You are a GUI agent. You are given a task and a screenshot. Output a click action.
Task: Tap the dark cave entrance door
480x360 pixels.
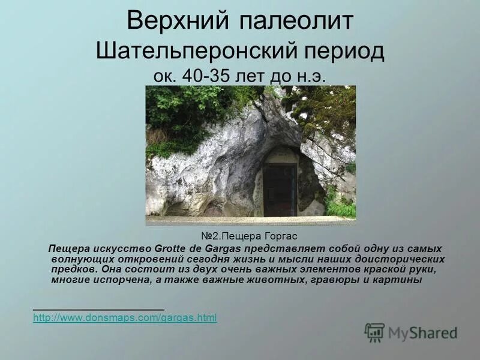coord(279,190)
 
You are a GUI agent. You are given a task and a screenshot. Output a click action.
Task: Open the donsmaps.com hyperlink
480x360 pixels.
coord(125,317)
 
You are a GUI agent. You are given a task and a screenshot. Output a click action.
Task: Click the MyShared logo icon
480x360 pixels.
coord(374,332)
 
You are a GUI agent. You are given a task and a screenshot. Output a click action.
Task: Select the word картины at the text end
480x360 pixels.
coord(402,280)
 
